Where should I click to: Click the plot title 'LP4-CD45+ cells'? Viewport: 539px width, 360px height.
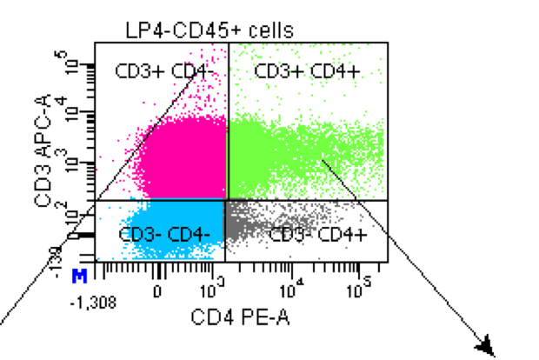pos(208,30)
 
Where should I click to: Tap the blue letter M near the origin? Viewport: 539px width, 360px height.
pos(79,276)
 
